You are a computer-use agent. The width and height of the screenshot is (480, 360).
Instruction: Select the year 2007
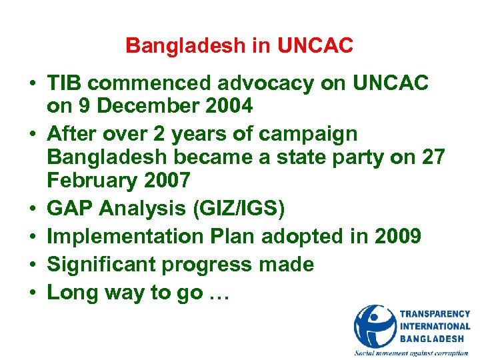coord(167,180)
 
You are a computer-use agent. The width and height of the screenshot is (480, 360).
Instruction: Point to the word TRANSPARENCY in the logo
coord(435,314)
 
